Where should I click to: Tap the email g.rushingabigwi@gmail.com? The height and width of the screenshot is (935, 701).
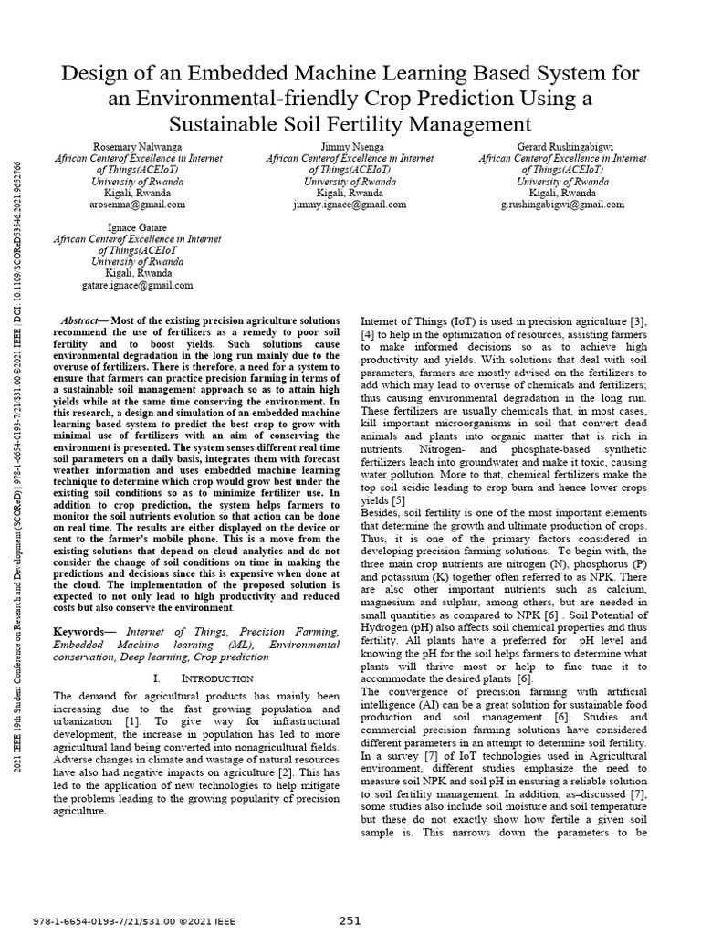[x=562, y=205]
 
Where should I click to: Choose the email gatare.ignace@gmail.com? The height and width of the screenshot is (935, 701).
[x=136, y=285]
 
